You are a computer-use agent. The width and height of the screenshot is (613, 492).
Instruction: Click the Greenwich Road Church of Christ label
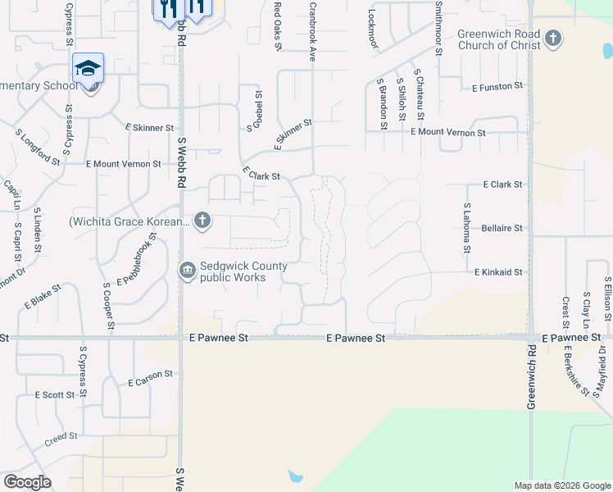click(498, 39)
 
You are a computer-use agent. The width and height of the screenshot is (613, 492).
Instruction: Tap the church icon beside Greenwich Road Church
click(554, 39)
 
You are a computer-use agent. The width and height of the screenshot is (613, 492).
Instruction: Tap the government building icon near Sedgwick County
click(188, 271)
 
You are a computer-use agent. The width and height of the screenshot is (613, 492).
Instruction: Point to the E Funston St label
click(497, 86)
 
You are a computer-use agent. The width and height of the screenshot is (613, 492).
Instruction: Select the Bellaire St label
click(502, 229)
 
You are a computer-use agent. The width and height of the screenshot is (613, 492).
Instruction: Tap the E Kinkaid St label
click(498, 271)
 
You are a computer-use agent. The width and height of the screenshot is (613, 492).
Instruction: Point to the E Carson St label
click(151, 378)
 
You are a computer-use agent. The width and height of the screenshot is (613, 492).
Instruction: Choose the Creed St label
click(61, 437)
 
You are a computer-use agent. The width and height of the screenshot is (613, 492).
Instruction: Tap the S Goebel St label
click(258, 107)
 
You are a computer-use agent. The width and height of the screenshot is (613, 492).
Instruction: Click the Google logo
click(27, 482)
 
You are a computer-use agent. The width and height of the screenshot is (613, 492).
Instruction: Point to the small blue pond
click(295, 476)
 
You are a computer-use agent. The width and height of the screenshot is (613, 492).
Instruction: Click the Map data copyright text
click(562, 485)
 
